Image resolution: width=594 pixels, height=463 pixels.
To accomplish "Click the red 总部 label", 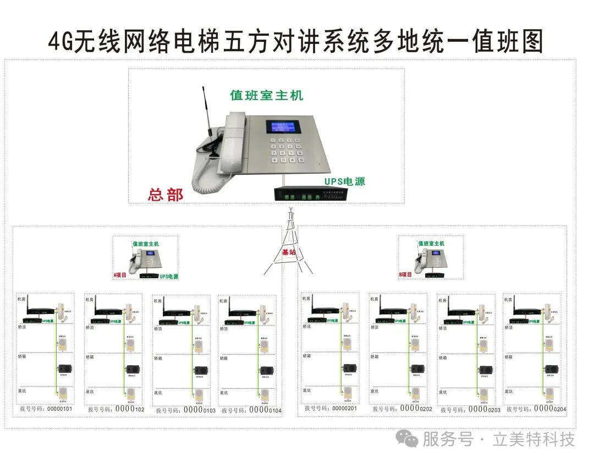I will pyautogui.click(x=166, y=195).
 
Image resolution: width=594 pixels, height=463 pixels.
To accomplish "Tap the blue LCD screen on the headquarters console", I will pyautogui.click(x=284, y=126).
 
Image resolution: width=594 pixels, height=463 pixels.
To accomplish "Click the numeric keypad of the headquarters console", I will pyautogui.click(x=285, y=151).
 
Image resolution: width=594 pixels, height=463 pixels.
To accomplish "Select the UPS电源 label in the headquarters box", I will pyautogui.click(x=344, y=181).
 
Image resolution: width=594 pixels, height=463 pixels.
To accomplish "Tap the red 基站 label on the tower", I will pyautogui.click(x=289, y=252).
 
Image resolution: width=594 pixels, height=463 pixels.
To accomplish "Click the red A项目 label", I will pyautogui.click(x=120, y=274).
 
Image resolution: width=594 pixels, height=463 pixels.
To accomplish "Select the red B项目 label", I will pyautogui.click(x=405, y=274).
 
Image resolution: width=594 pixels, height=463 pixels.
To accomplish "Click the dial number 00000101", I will pyautogui.click(x=46, y=409).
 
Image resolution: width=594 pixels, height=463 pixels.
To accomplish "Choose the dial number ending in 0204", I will pyautogui.click(x=536, y=409).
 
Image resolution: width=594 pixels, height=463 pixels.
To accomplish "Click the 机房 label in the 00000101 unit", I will pyautogui.click(x=21, y=299).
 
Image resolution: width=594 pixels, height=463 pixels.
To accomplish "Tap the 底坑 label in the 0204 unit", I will pyautogui.click(x=510, y=392).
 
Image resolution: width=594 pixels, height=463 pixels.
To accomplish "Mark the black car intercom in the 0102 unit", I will pyautogui.click(x=132, y=369).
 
